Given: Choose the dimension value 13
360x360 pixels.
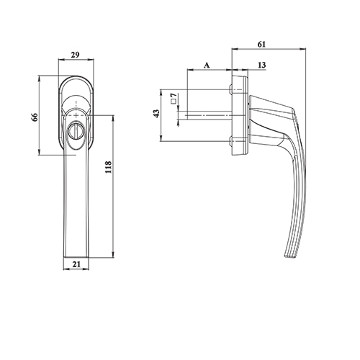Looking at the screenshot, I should point(261,66).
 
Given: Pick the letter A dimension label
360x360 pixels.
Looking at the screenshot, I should point(207,65).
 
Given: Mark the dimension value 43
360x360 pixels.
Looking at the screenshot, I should point(156,115).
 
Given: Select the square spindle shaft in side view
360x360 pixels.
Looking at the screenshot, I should point(209,114).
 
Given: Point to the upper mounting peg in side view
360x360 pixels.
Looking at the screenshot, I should point(233,90).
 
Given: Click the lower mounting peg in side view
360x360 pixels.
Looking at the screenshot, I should point(233,139).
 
